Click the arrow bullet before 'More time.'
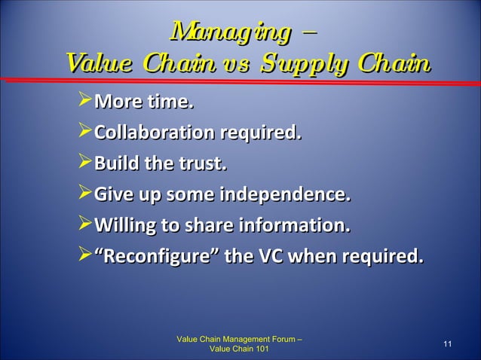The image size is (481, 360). [83, 101]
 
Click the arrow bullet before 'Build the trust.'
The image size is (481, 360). [83, 163]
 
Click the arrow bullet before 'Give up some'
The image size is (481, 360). [83, 195]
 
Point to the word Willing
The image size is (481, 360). [124, 227]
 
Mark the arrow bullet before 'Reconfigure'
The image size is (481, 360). [83, 258]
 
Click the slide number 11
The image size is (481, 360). [447, 344]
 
